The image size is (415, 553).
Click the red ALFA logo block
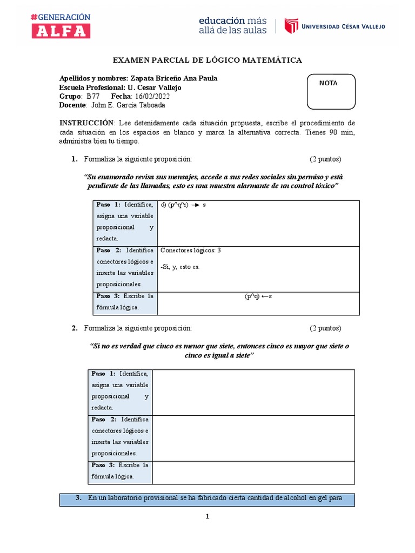coord(60,31)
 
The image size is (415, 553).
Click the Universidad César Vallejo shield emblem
coord(291,26)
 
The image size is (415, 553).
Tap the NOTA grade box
coord(331,92)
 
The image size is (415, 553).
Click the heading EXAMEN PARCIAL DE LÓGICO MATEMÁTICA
coord(207,60)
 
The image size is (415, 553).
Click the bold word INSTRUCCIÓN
coord(86,123)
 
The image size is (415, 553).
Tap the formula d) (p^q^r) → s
coord(183,205)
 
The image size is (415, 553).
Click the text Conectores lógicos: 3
coord(191,251)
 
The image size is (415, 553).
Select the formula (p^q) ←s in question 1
coord(258,296)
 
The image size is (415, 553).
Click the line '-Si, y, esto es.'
coord(180,267)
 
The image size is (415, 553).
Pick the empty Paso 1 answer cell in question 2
coord(253,392)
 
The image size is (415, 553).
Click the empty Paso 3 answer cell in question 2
coord(253,472)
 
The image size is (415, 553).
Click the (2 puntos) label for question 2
coord(325,328)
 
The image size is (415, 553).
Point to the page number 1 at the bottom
coord(207,516)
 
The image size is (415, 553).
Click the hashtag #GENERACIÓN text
coord(60,17)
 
